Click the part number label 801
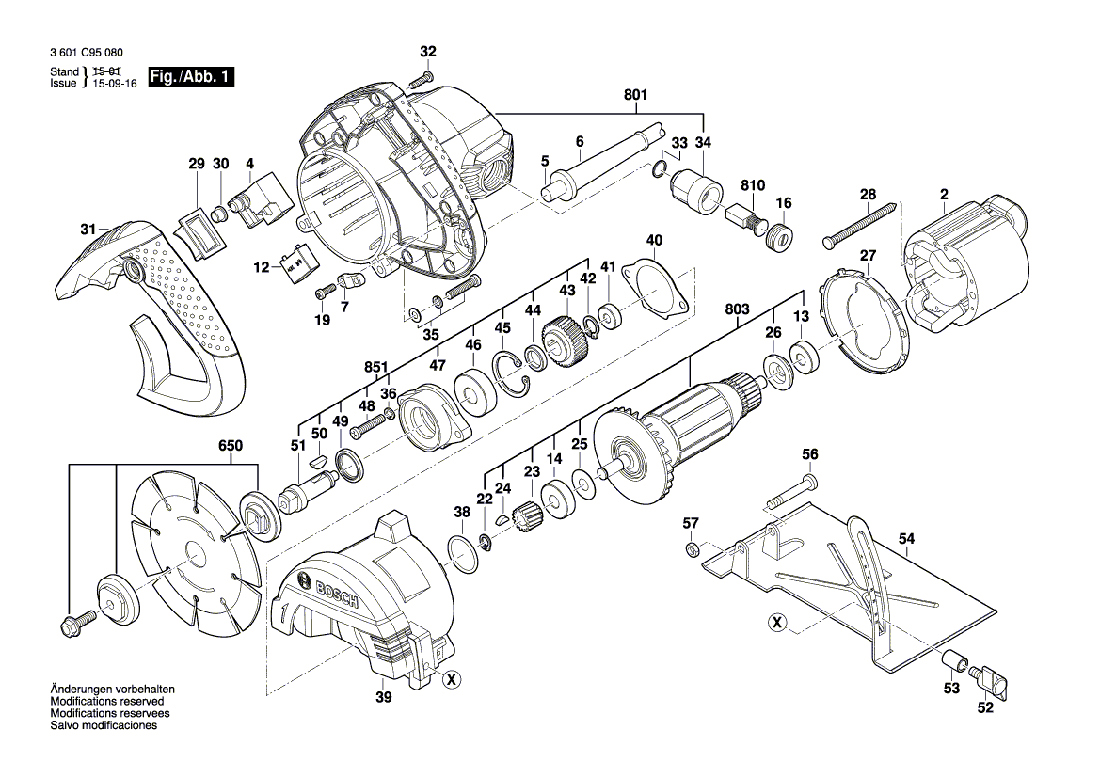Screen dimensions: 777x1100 click(x=635, y=94)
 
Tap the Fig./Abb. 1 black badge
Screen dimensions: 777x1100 click(x=189, y=77)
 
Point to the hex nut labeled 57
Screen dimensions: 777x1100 click(x=690, y=547)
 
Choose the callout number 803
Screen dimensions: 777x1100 click(x=736, y=308)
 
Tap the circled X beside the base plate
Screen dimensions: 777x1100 click(x=776, y=623)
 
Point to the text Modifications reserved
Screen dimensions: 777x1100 click(x=106, y=702)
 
